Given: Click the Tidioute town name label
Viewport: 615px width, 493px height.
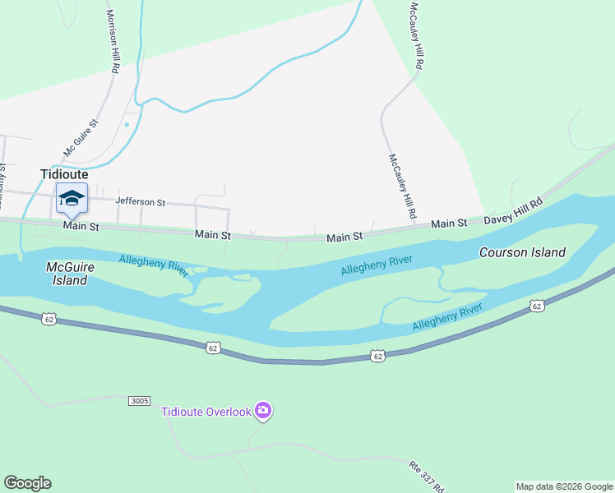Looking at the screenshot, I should point(64,174).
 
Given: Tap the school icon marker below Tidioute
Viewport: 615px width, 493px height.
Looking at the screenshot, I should point(72,197).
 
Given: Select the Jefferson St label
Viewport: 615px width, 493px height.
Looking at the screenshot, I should point(141,201).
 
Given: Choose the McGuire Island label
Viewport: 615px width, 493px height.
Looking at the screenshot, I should point(66,274).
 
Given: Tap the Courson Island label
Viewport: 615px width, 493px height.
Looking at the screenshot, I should point(522,252).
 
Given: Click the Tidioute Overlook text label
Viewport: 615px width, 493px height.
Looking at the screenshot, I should point(206,412).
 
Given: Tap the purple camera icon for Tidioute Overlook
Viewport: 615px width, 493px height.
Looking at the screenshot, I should point(262,410).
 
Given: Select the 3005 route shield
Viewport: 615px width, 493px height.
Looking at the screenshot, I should point(140,401).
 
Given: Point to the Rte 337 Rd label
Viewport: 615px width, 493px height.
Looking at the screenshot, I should point(426,475).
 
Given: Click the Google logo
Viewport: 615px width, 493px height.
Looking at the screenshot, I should point(27,483).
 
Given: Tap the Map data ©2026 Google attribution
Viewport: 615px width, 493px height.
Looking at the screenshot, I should point(564,486).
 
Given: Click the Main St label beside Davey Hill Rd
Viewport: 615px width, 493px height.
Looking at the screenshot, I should point(449,223).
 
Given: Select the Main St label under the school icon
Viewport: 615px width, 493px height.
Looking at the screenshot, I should point(81,226).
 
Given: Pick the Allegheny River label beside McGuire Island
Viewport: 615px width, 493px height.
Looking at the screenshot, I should point(154,265).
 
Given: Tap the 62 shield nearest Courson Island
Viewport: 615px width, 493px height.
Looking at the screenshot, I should point(537,306).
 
